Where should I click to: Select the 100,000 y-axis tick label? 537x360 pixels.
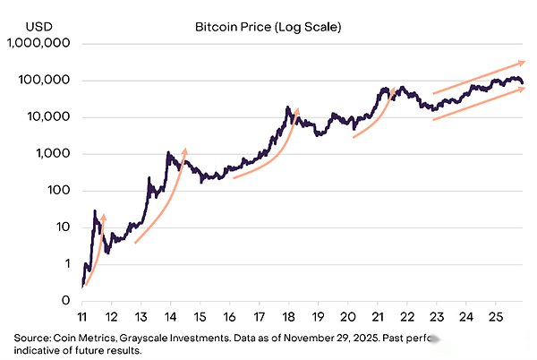[x=47, y=81]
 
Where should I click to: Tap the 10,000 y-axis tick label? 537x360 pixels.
[x=49, y=117]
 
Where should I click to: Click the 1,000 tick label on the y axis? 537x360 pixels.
[x=53, y=154]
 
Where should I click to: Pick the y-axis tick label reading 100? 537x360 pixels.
[x=58, y=191]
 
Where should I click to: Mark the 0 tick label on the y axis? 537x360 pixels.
[x=65, y=301]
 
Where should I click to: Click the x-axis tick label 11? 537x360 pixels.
[x=81, y=317]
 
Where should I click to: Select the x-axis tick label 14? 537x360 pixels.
[x=170, y=317]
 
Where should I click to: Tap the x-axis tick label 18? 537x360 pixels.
[x=288, y=317]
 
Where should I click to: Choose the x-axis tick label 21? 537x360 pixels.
[x=377, y=317]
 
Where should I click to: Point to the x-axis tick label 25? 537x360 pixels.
[x=495, y=317]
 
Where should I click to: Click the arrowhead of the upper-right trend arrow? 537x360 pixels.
[x=521, y=62]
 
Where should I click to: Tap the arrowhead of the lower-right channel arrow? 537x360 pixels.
[x=521, y=89]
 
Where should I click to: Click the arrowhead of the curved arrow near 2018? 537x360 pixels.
[x=297, y=111]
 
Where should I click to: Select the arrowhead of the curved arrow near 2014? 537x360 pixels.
[x=185, y=150]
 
